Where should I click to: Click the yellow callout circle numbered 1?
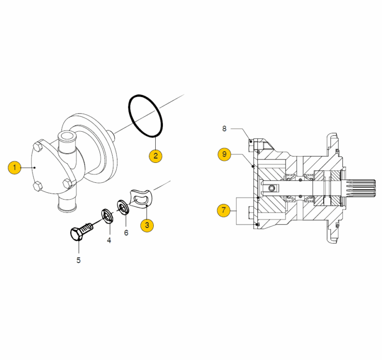[14, 167]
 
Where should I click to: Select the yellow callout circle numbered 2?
[156, 156]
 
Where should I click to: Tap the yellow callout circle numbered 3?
[147, 225]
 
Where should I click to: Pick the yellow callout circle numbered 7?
[223, 210]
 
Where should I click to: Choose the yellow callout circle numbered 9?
[224, 154]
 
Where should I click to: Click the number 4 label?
[109, 241]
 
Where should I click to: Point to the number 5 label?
[78, 260]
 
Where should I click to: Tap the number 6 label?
[126, 233]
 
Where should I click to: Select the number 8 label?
[224, 128]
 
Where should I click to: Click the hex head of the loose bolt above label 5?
[76, 234]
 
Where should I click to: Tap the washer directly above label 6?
[123, 207]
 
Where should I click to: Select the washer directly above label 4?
[107, 215]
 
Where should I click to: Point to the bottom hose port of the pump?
[67, 204]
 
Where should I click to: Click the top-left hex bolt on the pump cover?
[37, 147]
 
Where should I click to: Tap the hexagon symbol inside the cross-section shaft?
[272, 188]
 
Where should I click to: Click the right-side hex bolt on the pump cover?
[67, 183]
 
